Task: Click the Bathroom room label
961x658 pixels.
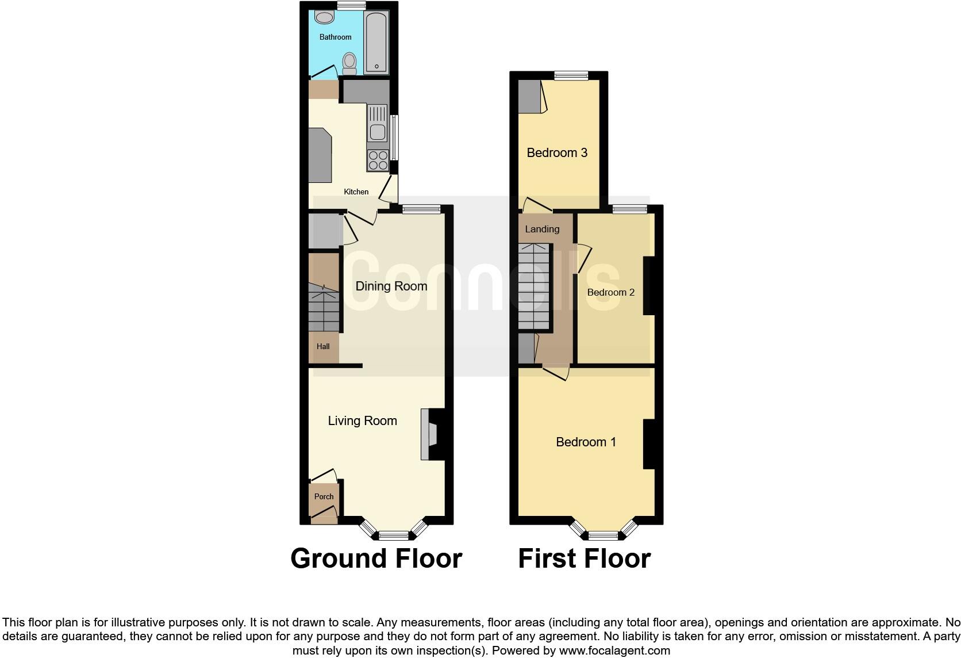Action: click(x=335, y=37)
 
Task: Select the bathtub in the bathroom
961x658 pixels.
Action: click(x=376, y=43)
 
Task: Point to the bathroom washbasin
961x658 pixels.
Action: click(x=325, y=18)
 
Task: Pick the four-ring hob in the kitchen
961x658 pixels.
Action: click(x=378, y=160)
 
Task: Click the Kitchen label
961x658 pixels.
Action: click(x=356, y=192)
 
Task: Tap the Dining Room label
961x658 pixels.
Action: click(x=391, y=286)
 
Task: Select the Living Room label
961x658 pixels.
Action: click(x=362, y=421)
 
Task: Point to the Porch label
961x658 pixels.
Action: click(x=324, y=497)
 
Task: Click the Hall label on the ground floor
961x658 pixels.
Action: click(x=323, y=347)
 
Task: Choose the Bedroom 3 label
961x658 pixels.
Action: click(x=557, y=153)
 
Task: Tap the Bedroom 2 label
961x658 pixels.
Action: click(x=610, y=293)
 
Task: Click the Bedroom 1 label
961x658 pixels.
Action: click(x=586, y=442)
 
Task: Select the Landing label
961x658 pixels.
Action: click(x=542, y=229)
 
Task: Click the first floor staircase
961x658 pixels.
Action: click(x=534, y=287)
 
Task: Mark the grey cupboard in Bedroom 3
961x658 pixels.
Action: click(x=529, y=96)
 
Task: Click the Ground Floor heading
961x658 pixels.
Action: click(x=376, y=558)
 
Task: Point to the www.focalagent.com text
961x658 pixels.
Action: click(x=614, y=651)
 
